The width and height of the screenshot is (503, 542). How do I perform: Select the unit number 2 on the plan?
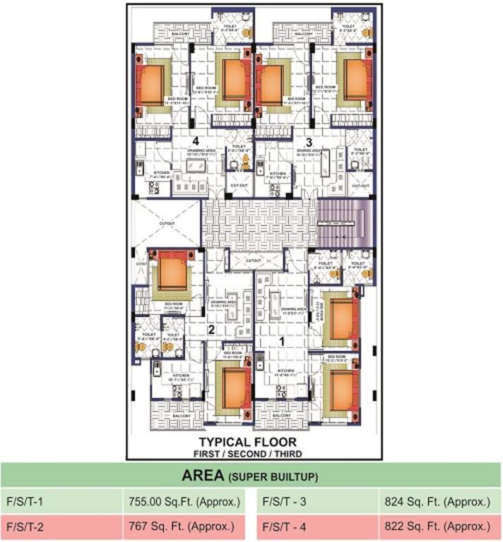211,328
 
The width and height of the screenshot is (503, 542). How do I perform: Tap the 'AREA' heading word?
203,476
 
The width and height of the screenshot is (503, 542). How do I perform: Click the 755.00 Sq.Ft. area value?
184,502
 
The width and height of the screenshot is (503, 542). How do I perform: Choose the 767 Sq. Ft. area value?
184,526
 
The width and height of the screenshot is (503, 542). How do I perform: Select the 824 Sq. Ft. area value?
436,502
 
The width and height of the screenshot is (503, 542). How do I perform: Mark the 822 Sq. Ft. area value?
436,526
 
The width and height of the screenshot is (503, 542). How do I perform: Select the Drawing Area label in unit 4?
196,151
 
